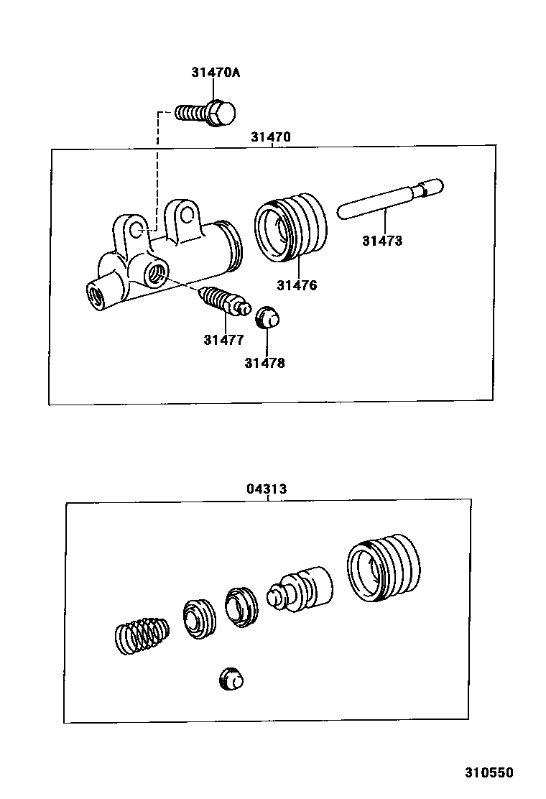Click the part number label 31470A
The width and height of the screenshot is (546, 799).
(x=216, y=72)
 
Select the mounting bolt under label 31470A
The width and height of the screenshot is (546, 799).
(x=208, y=113)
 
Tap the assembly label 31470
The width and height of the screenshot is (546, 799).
(x=271, y=137)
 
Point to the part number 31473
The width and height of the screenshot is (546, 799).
(x=381, y=241)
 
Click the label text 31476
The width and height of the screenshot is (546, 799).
(x=297, y=285)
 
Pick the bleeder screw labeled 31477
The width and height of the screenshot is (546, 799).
(x=225, y=301)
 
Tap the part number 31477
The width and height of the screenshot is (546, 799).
(x=223, y=340)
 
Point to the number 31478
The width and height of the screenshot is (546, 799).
(x=264, y=363)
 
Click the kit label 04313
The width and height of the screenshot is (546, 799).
(x=267, y=489)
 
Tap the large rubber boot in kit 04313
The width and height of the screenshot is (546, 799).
(x=381, y=567)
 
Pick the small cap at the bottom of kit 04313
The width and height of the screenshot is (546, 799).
(x=231, y=678)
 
